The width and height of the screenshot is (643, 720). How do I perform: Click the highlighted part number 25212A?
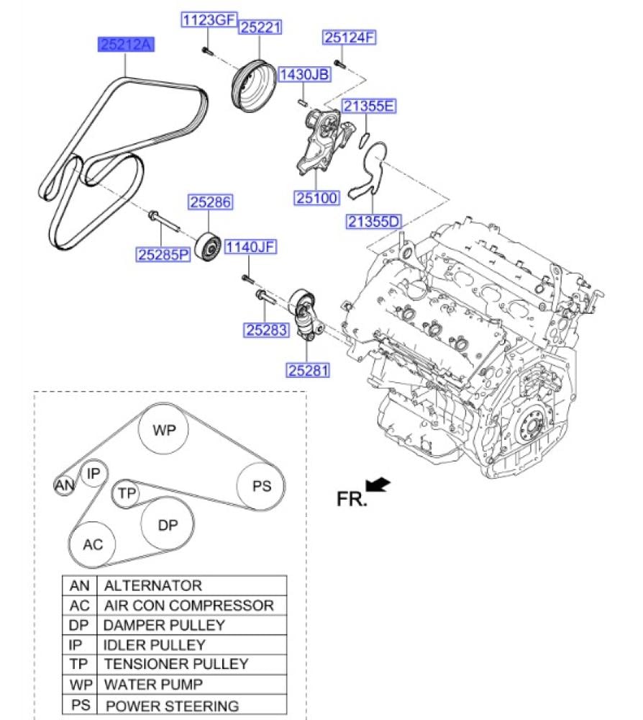(x=126, y=45)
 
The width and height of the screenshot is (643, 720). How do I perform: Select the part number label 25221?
(x=260, y=27)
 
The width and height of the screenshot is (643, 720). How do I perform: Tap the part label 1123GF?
(x=209, y=19)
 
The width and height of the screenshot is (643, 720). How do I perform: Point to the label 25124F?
(x=350, y=37)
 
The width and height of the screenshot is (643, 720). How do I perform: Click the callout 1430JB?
(x=304, y=74)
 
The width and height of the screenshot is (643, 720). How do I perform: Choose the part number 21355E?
(x=369, y=106)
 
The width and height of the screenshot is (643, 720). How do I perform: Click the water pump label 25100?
(x=316, y=198)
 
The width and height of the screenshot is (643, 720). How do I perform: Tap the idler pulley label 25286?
(x=211, y=202)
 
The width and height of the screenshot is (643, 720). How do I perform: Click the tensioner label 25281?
(x=309, y=370)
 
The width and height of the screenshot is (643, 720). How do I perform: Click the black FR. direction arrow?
(x=378, y=484)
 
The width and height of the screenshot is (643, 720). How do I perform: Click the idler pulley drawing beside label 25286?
(x=208, y=247)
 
